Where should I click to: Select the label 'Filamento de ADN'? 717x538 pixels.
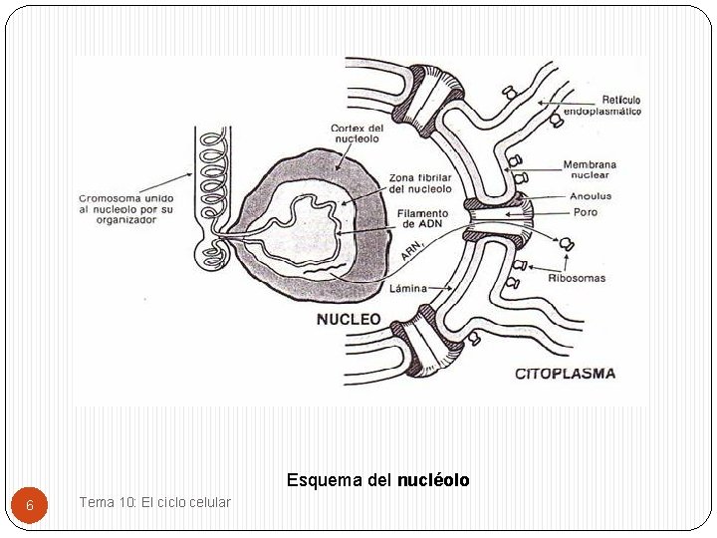click(x=422, y=219)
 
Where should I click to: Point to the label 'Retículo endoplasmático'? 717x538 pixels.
click(x=603, y=106)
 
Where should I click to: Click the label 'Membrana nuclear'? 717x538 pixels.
click(x=590, y=170)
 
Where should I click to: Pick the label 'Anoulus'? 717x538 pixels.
click(x=592, y=197)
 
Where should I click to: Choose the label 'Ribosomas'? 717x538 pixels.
click(x=577, y=278)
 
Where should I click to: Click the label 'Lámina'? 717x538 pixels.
click(x=407, y=288)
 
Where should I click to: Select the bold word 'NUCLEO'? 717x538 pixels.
click(x=349, y=320)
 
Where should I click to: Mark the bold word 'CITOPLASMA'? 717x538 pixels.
click(x=565, y=374)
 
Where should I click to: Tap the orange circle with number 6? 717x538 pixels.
click(x=30, y=505)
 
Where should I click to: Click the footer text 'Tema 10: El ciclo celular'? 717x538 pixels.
click(x=154, y=502)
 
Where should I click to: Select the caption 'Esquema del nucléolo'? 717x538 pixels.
click(x=377, y=480)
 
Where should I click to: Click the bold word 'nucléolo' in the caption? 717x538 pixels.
click(x=433, y=480)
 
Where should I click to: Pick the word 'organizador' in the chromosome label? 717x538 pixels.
click(x=125, y=220)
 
